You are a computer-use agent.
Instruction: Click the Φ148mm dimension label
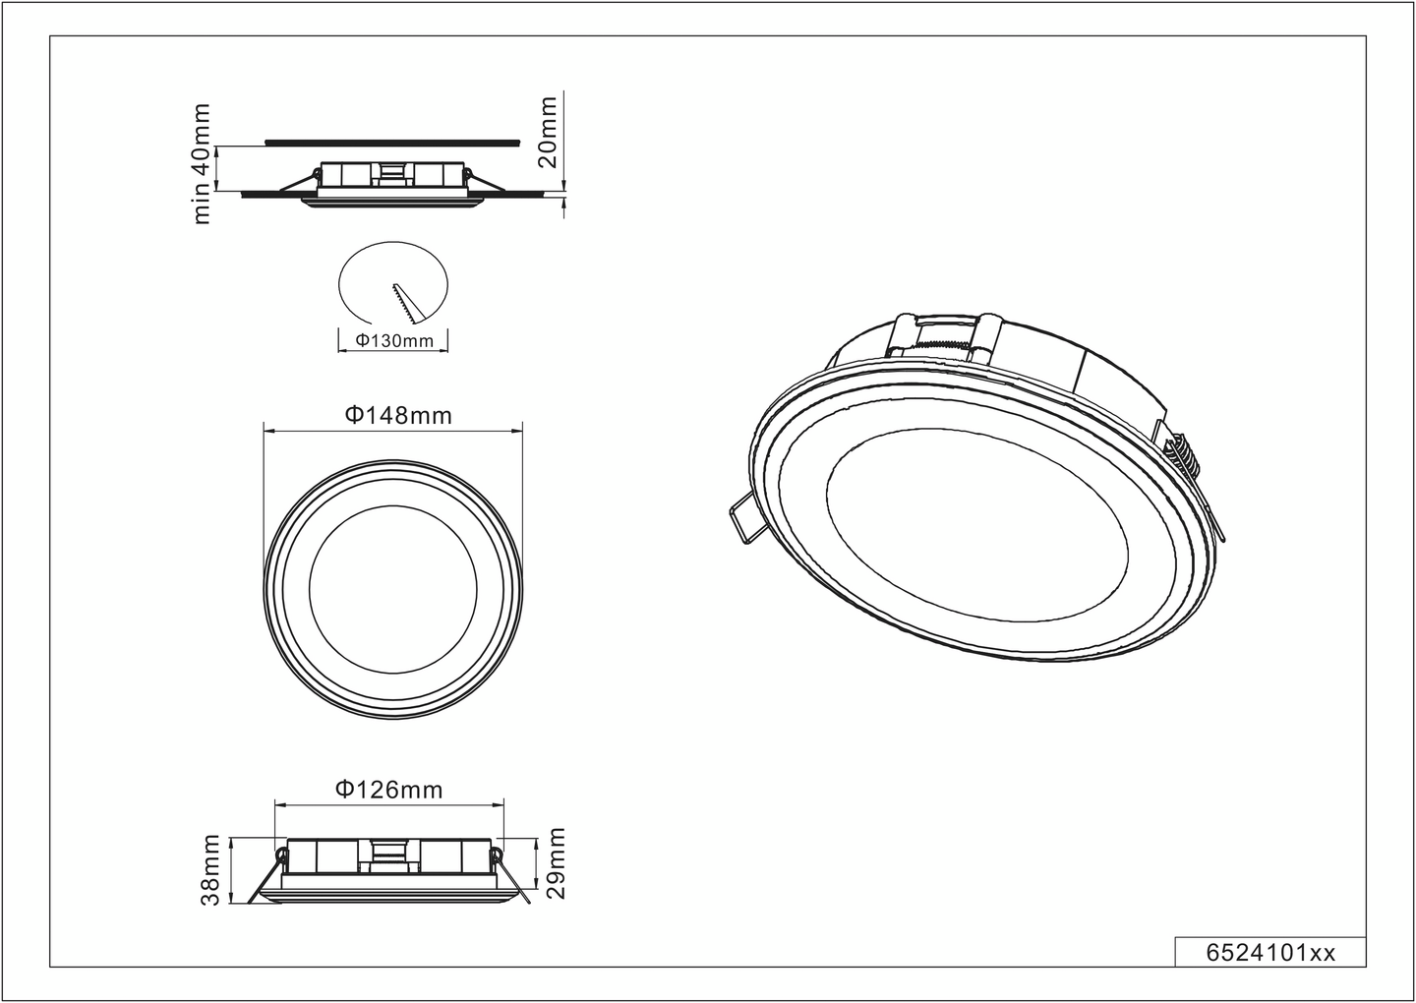(398, 415)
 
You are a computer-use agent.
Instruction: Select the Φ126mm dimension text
(388, 790)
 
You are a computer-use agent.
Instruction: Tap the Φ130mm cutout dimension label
(393, 341)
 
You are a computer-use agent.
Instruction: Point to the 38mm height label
(210, 870)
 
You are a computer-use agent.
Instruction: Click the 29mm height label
(558, 864)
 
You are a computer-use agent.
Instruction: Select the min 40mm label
(202, 163)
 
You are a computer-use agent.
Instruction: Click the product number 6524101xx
(1269, 952)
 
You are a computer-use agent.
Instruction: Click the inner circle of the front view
(393, 587)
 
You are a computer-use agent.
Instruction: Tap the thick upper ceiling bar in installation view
(391, 142)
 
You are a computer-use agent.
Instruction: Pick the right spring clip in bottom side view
(513, 875)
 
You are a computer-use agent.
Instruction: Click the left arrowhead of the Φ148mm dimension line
(268, 430)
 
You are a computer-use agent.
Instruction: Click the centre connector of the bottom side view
(389, 855)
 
